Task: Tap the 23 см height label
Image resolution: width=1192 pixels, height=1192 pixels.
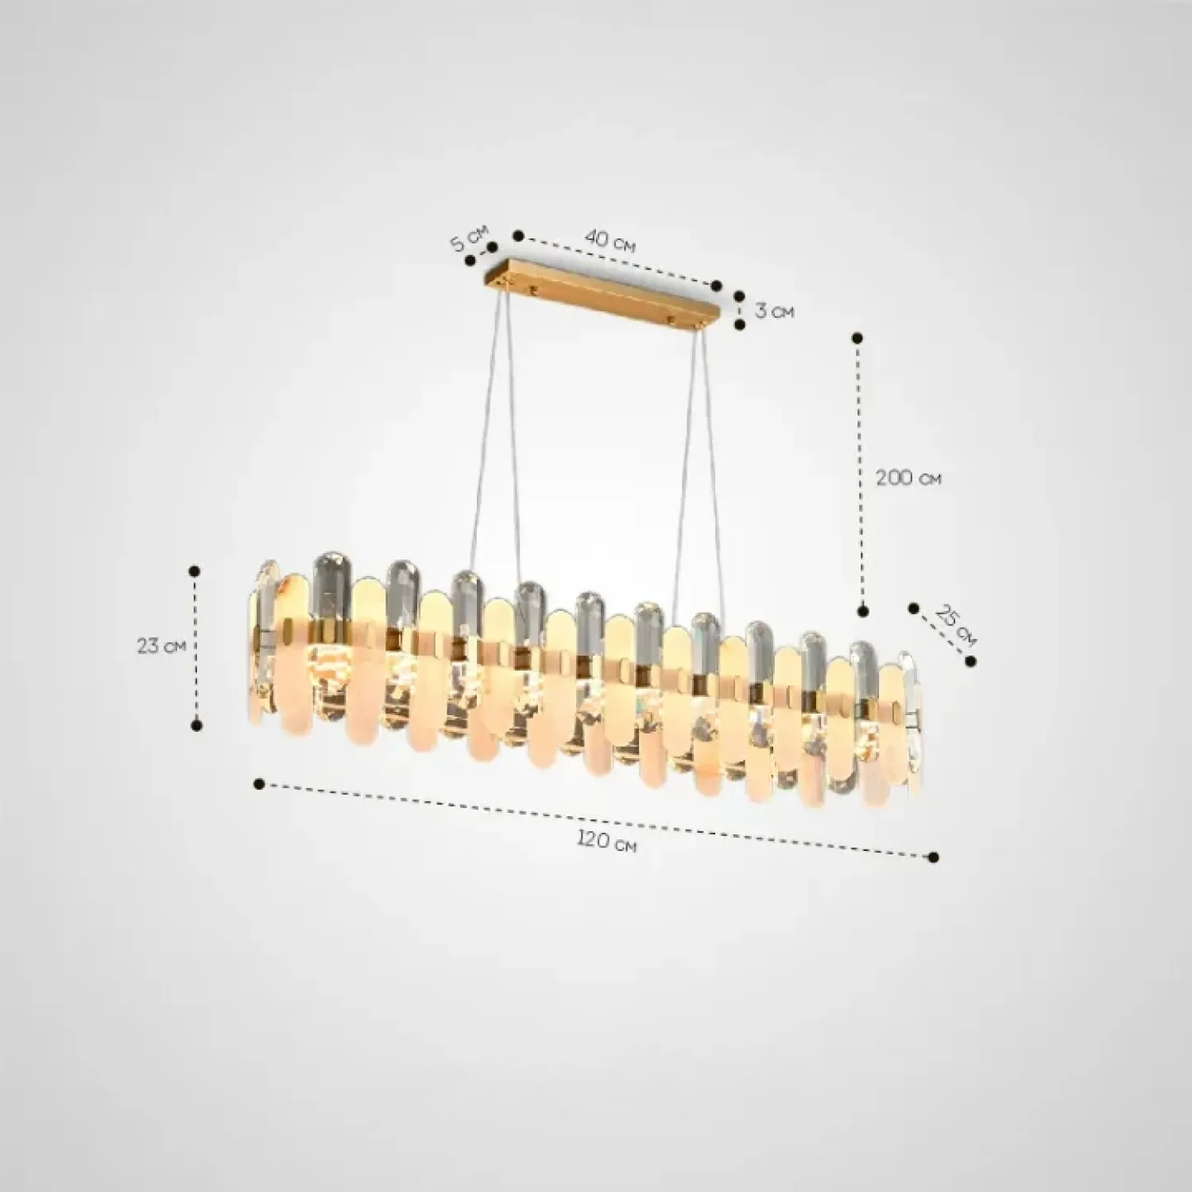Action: pyautogui.click(x=161, y=646)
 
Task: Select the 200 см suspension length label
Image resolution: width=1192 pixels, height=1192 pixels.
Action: pyautogui.click(x=908, y=478)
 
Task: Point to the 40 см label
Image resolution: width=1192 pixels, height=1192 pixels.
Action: pyautogui.click(x=610, y=240)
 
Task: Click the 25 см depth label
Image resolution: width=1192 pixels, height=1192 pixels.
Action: pyautogui.click(x=955, y=624)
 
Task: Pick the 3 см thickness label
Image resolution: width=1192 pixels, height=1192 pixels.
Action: pyautogui.click(x=774, y=311)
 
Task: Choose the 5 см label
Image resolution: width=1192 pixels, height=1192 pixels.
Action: pyautogui.click(x=469, y=239)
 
